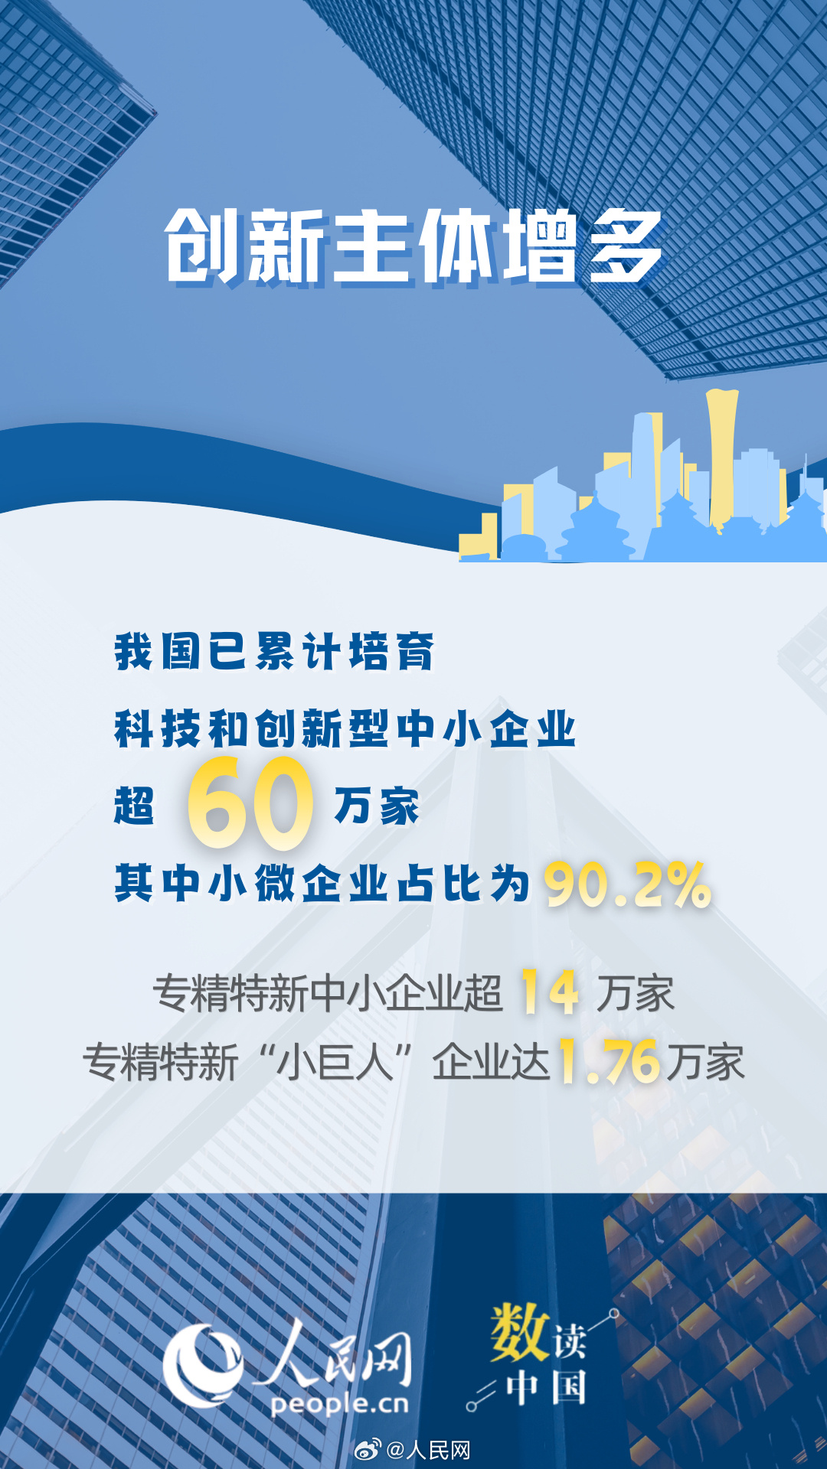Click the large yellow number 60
click(x=250, y=803)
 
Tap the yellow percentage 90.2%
click(x=627, y=885)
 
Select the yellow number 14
click(x=549, y=992)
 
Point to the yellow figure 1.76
click(x=609, y=1061)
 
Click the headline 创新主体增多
click(x=413, y=246)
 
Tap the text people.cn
click(x=339, y=1404)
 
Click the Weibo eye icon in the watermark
click(x=368, y=1448)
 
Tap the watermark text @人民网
click(x=428, y=1449)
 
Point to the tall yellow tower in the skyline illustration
click(x=721, y=458)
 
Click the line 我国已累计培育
click(x=274, y=651)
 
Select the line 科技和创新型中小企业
click(x=345, y=728)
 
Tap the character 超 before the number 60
click(x=134, y=806)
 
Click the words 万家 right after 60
click(x=377, y=806)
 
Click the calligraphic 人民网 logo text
click(x=333, y=1355)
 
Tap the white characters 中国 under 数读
click(x=546, y=1388)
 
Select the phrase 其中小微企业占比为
click(x=322, y=883)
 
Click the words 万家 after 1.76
click(x=705, y=1062)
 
